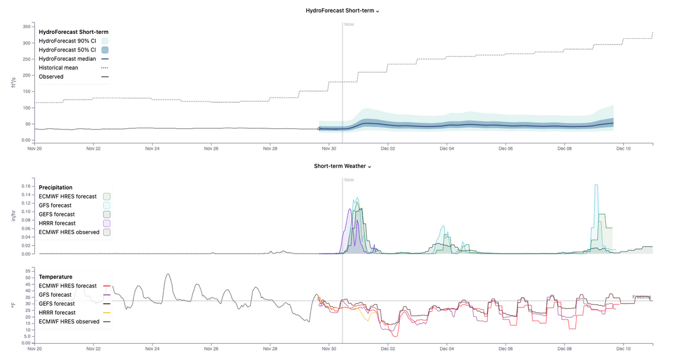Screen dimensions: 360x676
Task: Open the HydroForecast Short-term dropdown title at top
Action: click(342, 11)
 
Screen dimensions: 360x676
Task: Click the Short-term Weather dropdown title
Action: click(342, 166)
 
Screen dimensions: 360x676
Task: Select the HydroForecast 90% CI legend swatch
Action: click(105, 41)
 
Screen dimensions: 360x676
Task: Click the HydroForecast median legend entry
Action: click(68, 58)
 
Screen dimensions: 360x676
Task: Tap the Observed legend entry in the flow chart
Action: click(51, 76)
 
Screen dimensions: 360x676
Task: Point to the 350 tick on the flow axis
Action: click(27, 27)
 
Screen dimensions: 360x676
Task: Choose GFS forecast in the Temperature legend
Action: click(55, 294)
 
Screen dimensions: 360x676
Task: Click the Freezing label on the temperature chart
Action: click(642, 297)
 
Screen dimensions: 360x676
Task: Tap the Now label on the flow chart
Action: click(349, 24)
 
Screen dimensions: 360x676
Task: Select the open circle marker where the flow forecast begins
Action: click(319, 128)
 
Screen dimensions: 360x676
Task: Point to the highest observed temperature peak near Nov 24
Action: click(167, 274)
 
